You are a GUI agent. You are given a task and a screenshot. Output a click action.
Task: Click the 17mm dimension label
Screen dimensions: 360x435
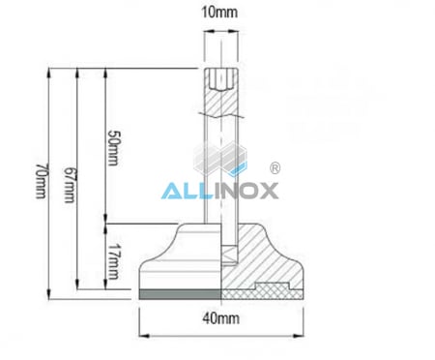(112, 257)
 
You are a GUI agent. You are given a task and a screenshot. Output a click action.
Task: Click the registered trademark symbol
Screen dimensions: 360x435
(274, 167)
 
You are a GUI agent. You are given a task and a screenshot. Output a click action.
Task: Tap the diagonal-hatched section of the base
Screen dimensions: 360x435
(266, 256)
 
